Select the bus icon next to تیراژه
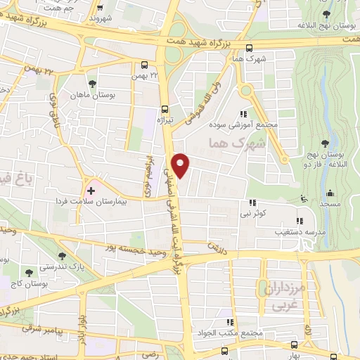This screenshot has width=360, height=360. pyautogui.click(x=165, y=109)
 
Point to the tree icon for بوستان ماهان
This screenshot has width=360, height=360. pyautogui.click(x=93, y=84)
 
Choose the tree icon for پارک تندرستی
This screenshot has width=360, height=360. pyautogui.click(x=63, y=256)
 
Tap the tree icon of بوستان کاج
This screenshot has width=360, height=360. pyautogui.click(x=29, y=272)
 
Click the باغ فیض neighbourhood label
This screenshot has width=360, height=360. pyautogui.click(x=15, y=179)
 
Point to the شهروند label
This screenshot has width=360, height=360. pyautogui.click(x=101, y=17)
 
